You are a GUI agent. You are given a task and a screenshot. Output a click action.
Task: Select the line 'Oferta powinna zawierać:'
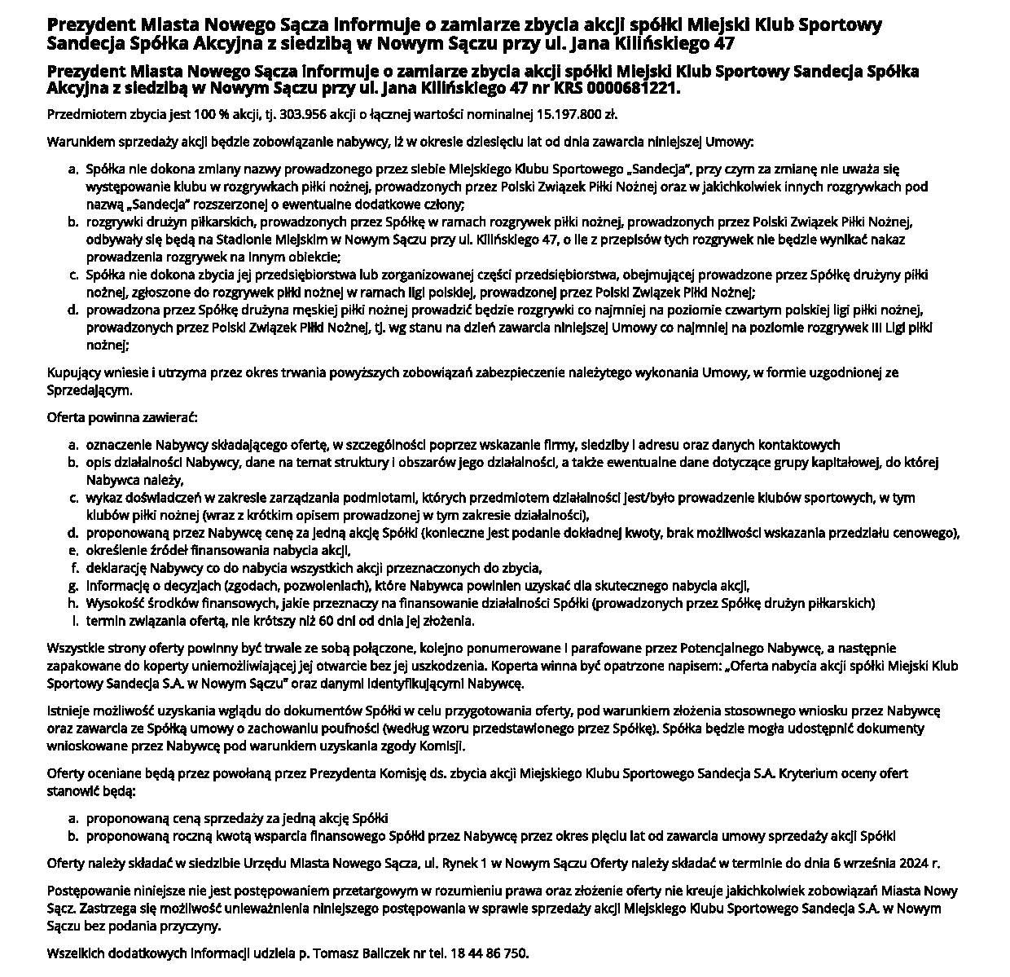122,418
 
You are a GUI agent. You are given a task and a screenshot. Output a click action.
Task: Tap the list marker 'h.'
73,603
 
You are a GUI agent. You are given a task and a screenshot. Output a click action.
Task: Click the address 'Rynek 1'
462,863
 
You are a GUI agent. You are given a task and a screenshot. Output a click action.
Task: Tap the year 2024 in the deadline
916,863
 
